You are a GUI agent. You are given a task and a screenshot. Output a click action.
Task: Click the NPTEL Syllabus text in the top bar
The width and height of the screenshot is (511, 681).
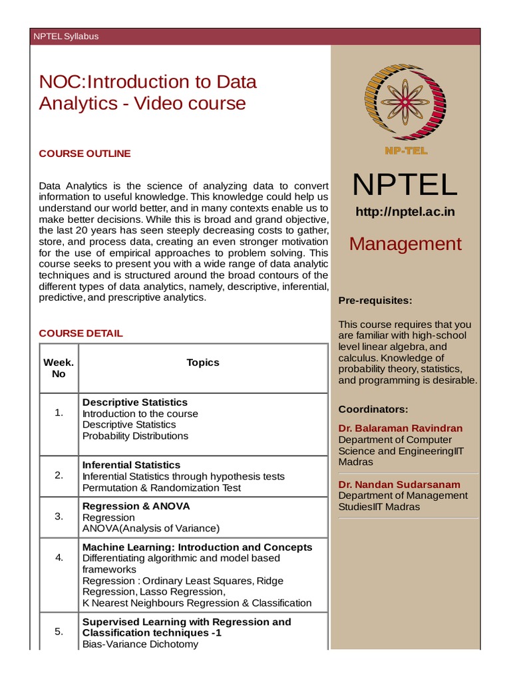[x=66, y=37]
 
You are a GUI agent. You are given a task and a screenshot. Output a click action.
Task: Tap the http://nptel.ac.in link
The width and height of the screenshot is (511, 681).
[x=405, y=212]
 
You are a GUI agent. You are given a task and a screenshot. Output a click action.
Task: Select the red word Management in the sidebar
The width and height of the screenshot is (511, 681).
[x=405, y=244]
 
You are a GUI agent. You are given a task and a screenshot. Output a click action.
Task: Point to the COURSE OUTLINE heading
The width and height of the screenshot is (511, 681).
[x=85, y=154]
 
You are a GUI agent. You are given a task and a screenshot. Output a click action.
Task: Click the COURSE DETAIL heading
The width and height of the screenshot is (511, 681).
[x=81, y=333]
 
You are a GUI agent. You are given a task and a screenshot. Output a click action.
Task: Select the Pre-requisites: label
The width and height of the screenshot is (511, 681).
[x=375, y=301]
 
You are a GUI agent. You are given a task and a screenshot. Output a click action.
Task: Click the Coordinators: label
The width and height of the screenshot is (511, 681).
[x=373, y=409]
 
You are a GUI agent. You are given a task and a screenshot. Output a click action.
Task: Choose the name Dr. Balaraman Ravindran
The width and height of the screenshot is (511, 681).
[x=400, y=428]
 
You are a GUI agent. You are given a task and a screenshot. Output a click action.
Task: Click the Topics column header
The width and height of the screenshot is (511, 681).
[x=203, y=362]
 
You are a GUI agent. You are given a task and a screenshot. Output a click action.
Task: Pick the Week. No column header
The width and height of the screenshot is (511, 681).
[x=59, y=368]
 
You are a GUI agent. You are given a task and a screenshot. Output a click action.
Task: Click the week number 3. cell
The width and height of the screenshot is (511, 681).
[x=59, y=516]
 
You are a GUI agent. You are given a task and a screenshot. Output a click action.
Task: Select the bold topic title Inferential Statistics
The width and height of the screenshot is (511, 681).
[x=131, y=465]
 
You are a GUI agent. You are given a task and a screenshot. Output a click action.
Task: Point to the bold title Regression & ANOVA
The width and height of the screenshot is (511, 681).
[x=136, y=506]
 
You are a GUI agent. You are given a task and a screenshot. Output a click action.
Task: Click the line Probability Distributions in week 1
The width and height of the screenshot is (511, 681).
[x=135, y=436]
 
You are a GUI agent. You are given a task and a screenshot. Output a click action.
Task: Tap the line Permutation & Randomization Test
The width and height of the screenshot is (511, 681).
[x=162, y=487]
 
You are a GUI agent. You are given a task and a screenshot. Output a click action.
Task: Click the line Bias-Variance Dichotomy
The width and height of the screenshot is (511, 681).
[x=140, y=644]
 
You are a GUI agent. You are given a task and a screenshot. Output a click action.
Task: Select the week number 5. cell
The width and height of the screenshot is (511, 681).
[x=59, y=632]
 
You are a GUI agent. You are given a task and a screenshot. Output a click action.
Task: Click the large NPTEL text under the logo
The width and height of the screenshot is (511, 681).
[x=405, y=185]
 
